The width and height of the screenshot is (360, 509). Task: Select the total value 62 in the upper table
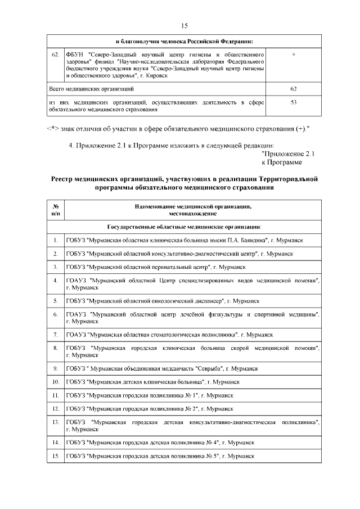click(294, 89)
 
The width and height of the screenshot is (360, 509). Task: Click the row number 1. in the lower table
click(56, 240)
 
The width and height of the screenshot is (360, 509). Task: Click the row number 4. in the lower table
click(56, 280)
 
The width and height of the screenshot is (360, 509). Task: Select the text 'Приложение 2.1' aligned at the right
click(289, 154)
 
